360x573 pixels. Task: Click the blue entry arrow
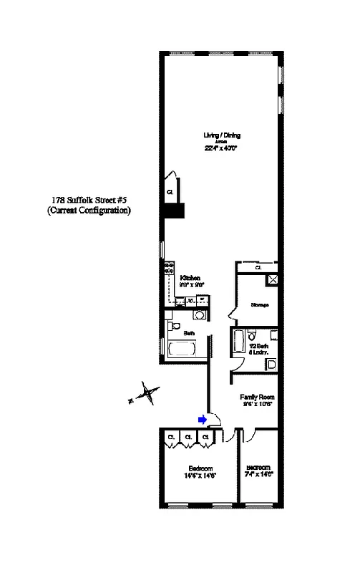point(203,420)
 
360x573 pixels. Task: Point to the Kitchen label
point(190,278)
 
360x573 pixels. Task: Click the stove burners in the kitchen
point(170,270)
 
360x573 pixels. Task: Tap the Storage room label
point(259,304)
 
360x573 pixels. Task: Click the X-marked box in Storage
point(272,280)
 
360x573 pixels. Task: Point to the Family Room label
point(257,396)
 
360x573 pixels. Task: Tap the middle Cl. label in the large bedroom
point(188,436)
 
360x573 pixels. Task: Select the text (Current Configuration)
point(89,211)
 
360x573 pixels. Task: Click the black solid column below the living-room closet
point(174,211)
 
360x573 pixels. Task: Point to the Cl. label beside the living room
point(170,192)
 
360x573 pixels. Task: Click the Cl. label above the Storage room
point(258,268)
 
